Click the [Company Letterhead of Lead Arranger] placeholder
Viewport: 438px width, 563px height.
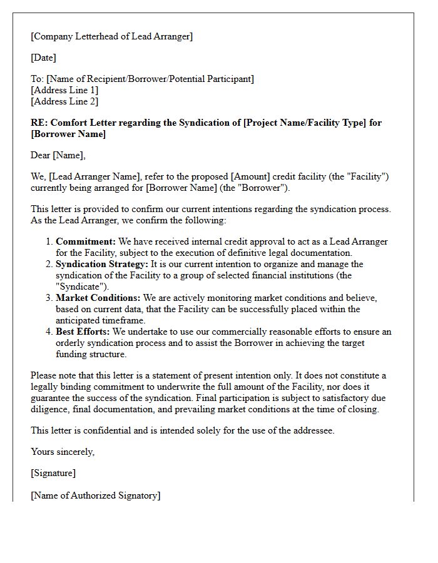pyautogui.click(x=111, y=36)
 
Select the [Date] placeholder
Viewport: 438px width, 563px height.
pyautogui.click(x=43, y=58)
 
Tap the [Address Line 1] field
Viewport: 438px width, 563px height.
pyautogui.click(x=64, y=90)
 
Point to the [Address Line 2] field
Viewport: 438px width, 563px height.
pyautogui.click(x=64, y=101)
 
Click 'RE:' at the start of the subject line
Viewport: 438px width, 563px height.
pyautogui.click(x=38, y=123)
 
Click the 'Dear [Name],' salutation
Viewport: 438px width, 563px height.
pyautogui.click(x=58, y=155)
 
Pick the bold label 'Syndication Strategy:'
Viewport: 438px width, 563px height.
pyautogui.click(x=102, y=264)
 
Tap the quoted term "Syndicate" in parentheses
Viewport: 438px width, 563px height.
pyautogui.click(x=79, y=287)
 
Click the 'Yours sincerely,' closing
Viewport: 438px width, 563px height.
pyautogui.click(x=63, y=452)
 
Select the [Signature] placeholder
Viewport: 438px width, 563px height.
pyautogui.click(x=53, y=474)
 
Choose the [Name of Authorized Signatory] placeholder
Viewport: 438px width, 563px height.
pyautogui.click(x=95, y=495)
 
